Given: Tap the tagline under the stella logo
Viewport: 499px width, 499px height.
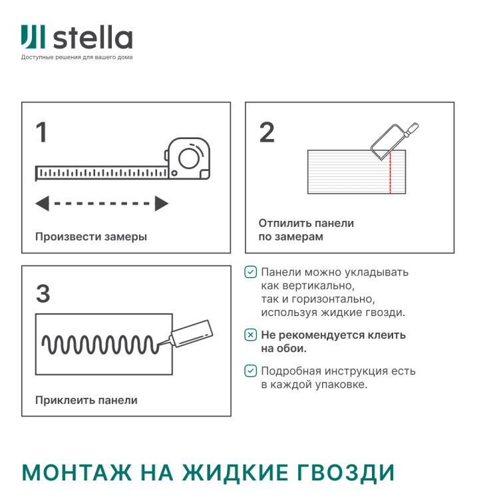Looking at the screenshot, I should pos(77,57).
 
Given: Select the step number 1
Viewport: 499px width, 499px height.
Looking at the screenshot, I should pos(42,132).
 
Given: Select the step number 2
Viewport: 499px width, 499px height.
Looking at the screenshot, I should pos(266,132).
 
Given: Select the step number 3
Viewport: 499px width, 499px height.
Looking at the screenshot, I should pos(43,293).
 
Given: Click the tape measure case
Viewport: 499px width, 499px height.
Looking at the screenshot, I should pos(189,159).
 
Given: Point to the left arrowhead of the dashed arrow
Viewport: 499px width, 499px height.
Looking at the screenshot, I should pos(42,204).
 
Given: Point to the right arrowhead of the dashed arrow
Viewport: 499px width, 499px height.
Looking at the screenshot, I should pos(161,204).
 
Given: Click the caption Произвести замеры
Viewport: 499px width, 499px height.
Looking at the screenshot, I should pos(91,237).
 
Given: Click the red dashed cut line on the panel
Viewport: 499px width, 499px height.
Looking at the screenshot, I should pos(390,172).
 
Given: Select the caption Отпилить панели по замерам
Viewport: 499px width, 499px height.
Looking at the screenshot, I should pos(306,230).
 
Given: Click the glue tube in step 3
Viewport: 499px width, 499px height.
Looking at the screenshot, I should pos(191,333).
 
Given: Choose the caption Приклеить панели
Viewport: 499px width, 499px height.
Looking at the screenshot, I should pos(86,400).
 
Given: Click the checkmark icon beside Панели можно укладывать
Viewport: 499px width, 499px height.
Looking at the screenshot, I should pos(250,272).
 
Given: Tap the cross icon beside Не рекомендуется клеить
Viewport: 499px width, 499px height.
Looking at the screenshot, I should pos(250,335).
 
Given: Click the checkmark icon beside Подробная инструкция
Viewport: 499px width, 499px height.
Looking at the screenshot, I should pos(250,371).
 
